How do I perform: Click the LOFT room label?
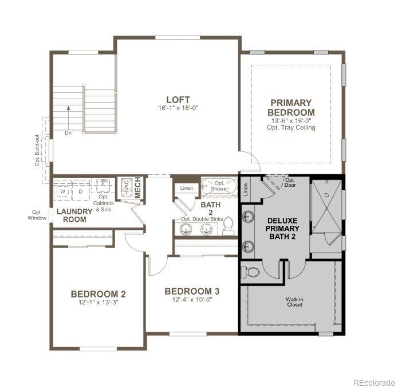click(x=178, y=99)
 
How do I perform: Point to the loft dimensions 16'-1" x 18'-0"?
click(x=178, y=108)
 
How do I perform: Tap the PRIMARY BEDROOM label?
click(x=291, y=107)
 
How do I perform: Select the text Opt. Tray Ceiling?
click(x=291, y=127)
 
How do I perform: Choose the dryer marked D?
click(x=81, y=191)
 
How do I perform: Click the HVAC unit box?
click(x=125, y=188)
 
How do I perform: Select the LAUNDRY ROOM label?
click(x=75, y=215)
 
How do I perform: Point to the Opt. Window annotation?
click(x=37, y=215)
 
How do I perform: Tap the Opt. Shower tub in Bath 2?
click(x=219, y=186)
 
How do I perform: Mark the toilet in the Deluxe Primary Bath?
click(x=251, y=272)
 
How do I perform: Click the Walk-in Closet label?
click(x=294, y=301)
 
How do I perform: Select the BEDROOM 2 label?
click(x=98, y=294)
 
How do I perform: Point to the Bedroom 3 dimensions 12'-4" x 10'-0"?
click(x=192, y=299)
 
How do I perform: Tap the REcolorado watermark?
click(x=373, y=382)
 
